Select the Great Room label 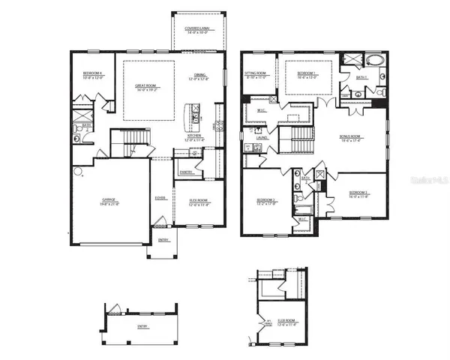[145, 86]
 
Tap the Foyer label [160, 198]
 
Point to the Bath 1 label [361, 76]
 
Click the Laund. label [261, 138]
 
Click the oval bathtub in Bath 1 [373, 60]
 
